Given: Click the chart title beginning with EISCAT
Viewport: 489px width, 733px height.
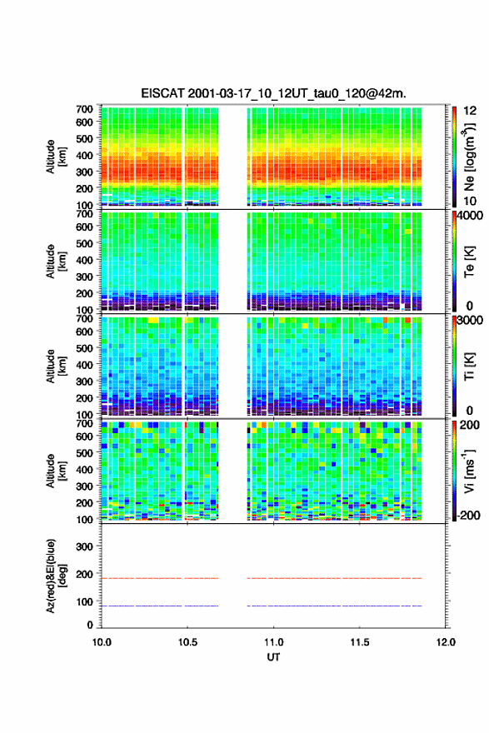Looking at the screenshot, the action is (x=273, y=93).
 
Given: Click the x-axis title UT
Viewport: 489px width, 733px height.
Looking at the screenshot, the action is (x=273, y=657).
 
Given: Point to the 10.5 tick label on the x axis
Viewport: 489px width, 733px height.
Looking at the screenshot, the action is (x=187, y=642).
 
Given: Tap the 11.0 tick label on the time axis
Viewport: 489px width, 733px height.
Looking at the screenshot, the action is (x=273, y=642).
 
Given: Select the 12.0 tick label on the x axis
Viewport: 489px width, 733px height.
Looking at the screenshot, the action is (x=446, y=642).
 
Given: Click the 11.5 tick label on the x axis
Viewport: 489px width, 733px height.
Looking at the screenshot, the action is (x=360, y=642).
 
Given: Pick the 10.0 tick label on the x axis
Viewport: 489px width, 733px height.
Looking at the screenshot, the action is (x=102, y=642).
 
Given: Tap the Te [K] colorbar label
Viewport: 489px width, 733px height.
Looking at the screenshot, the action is (x=469, y=262).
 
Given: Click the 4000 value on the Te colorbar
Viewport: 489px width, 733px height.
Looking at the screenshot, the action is (x=471, y=216).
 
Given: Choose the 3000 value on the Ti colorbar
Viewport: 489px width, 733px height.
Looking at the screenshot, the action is (x=471, y=320).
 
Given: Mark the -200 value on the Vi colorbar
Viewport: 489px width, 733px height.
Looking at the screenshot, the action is (x=468, y=515).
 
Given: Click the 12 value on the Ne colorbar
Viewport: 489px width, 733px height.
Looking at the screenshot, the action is (x=470, y=111).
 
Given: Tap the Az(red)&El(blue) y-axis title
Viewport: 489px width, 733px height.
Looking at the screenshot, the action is (x=56, y=576).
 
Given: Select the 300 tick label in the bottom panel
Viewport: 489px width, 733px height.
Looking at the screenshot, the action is (x=84, y=546).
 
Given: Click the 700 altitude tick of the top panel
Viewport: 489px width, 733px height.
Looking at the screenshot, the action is (x=84, y=109).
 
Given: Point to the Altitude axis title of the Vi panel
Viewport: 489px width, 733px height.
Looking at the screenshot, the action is (x=56, y=471).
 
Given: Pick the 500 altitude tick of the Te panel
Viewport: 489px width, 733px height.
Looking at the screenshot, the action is (x=84, y=243).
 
